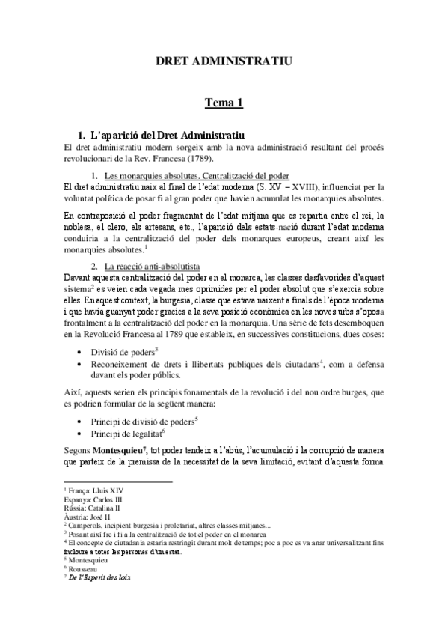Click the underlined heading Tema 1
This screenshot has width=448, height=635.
point(224,104)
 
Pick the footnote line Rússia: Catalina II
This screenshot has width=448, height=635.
point(90,505)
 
